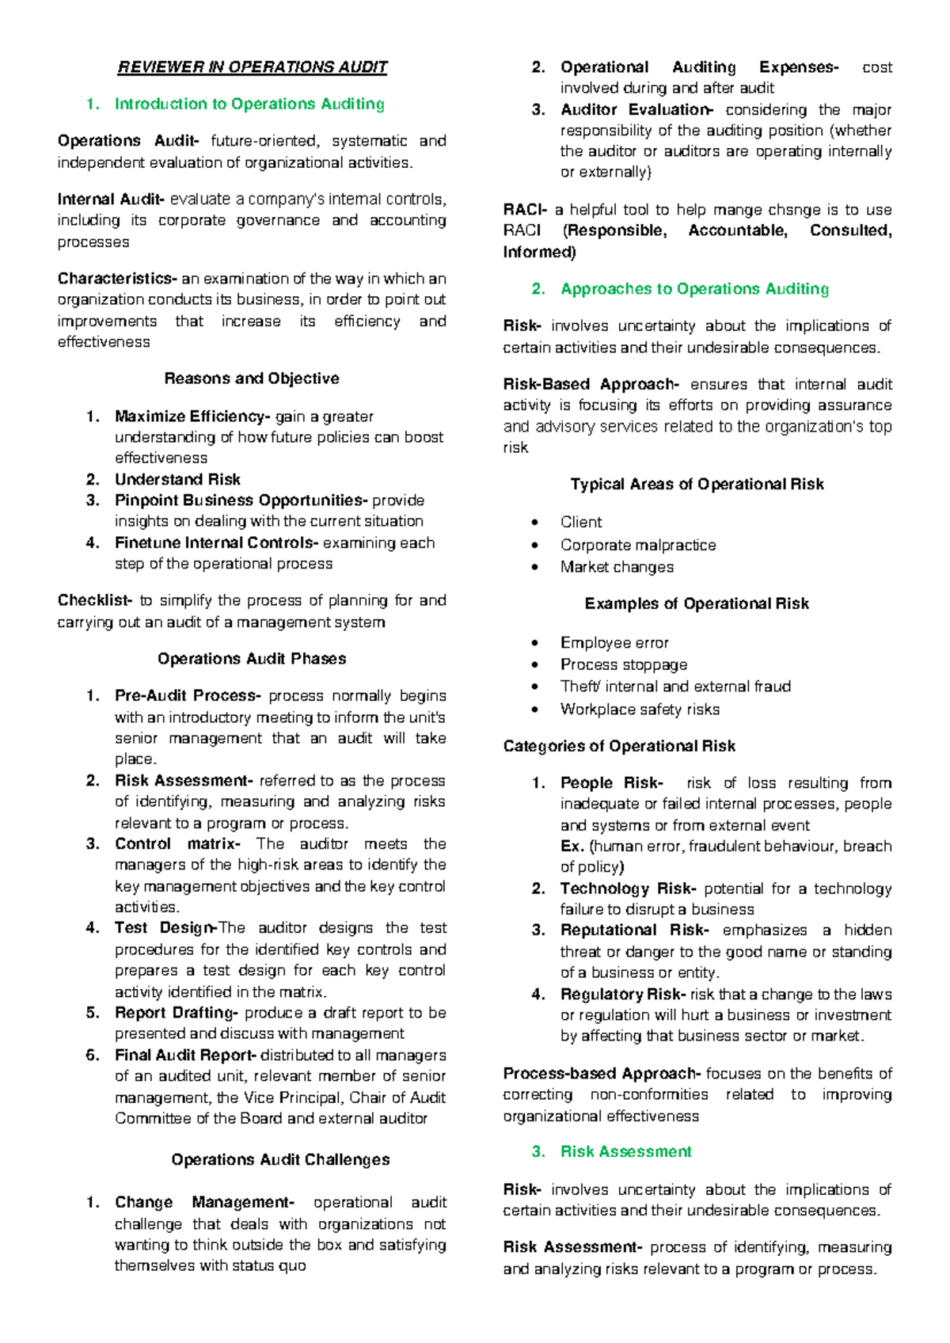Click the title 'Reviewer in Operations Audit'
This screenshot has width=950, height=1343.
(x=253, y=67)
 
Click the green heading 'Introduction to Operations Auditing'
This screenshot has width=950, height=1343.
(x=249, y=104)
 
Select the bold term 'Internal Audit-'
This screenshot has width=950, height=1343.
(x=111, y=200)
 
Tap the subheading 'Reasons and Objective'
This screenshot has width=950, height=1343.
(x=252, y=379)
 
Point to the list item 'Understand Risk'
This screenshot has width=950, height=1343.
(x=177, y=479)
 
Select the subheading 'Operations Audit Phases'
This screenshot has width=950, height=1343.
(x=252, y=659)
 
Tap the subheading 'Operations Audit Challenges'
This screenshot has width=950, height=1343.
(x=280, y=1160)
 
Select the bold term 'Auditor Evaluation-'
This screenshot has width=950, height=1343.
(x=636, y=110)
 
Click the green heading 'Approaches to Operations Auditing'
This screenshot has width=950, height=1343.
(x=694, y=289)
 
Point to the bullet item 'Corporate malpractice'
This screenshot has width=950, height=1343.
(x=638, y=545)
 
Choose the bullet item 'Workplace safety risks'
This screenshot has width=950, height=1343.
(x=640, y=710)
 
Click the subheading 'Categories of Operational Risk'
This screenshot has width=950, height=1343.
(x=619, y=746)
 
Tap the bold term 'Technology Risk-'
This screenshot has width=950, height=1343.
(x=628, y=888)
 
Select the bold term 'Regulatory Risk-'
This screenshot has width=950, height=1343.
(x=622, y=995)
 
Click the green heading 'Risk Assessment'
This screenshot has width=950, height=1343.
(x=625, y=1152)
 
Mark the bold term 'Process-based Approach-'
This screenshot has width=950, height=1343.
(x=602, y=1074)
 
